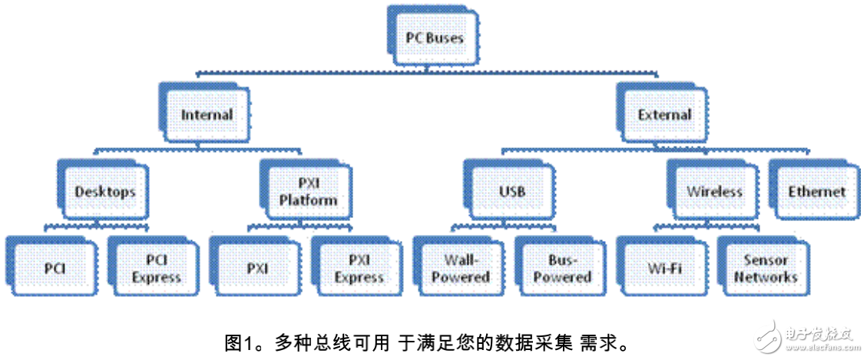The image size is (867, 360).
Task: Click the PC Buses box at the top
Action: click(x=435, y=36)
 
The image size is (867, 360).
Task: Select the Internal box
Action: click(x=207, y=114)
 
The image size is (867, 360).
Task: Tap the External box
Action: click(x=664, y=114)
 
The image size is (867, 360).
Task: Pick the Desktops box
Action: click(x=104, y=191)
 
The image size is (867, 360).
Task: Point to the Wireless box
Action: click(x=714, y=191)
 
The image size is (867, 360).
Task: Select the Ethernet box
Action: click(x=816, y=191)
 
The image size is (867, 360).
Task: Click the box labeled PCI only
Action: click(x=55, y=269)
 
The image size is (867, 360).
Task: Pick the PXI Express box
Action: click(x=359, y=269)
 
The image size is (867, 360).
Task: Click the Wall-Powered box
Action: click(x=461, y=269)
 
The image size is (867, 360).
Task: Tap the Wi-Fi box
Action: click(x=664, y=269)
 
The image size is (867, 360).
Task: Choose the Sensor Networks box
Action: click(x=766, y=269)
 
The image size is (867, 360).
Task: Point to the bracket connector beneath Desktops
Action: click(x=97, y=226)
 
